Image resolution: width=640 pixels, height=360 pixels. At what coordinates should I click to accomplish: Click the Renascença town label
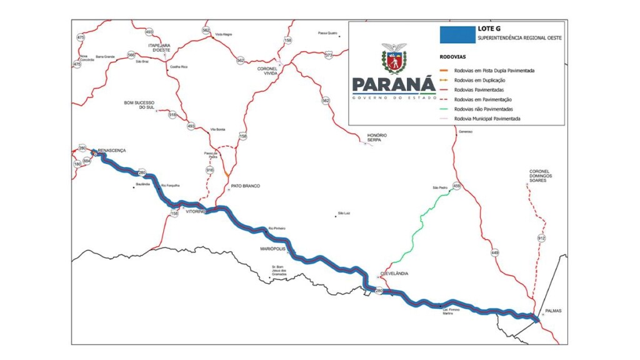112,151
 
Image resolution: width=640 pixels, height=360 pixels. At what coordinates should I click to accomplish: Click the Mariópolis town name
272,249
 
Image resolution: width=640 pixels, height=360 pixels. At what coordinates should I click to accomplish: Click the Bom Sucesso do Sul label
139,105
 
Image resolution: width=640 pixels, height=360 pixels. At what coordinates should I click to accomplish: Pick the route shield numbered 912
541,238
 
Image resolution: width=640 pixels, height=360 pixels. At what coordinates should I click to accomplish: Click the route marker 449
495,252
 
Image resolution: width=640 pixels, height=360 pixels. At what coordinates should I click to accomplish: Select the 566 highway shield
131,55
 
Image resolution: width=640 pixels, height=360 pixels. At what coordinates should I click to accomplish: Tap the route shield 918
173,114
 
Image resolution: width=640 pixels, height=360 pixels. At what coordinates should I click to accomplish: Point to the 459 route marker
456,186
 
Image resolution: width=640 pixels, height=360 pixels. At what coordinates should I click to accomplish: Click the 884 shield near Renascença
87,161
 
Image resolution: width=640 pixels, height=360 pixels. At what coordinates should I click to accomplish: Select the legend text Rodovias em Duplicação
479,80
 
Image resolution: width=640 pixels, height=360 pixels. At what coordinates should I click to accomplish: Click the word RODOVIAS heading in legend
452,56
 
